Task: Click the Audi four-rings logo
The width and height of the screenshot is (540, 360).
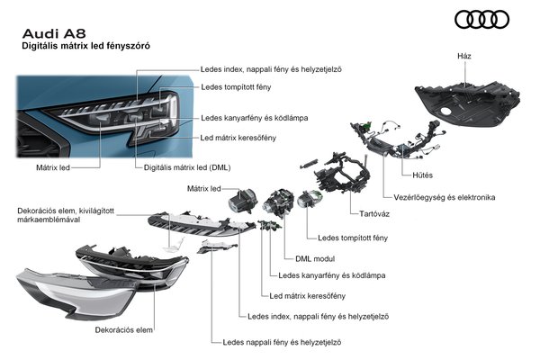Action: (x=484, y=19)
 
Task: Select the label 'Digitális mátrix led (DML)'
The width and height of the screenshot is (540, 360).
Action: (x=188, y=167)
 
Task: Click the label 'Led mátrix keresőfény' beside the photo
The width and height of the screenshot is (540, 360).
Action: (x=238, y=137)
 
